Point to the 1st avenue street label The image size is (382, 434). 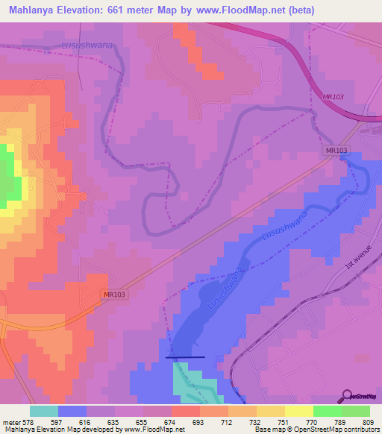pyautogui.click(x=357, y=256)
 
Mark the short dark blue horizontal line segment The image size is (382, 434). pyautogui.click(x=184, y=358)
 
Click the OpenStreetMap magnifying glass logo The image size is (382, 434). pyautogui.click(x=348, y=395)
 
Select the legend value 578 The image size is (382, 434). pyautogui.click(x=28, y=421)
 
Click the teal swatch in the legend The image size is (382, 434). pyautogui.click(x=44, y=411)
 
